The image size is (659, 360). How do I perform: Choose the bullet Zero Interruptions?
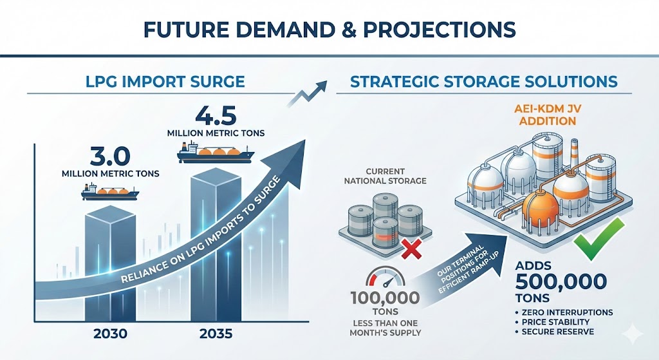[x=566, y=312]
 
